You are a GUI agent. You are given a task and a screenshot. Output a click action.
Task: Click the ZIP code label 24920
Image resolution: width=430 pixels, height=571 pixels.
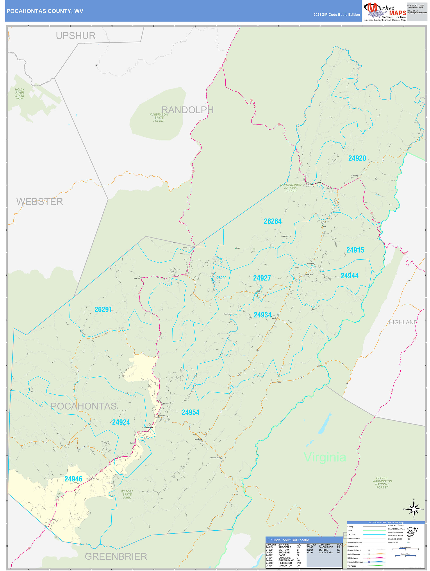(x=357, y=158)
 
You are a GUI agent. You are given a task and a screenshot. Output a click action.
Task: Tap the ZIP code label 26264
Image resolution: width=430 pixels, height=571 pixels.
(x=273, y=221)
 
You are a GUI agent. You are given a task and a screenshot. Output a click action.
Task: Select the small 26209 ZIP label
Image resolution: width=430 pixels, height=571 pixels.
(x=221, y=278)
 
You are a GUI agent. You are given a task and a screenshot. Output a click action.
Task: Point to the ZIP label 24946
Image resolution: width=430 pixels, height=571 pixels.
(x=73, y=479)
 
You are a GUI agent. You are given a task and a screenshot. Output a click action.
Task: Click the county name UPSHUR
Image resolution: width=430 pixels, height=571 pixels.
(x=75, y=36)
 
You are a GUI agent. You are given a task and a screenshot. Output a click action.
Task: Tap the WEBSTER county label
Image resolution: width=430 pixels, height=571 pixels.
(x=40, y=202)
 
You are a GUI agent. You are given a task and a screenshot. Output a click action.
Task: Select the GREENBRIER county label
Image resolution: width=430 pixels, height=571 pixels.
(x=116, y=556)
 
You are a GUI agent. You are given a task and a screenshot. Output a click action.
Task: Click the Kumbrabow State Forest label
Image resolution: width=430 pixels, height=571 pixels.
(x=159, y=117)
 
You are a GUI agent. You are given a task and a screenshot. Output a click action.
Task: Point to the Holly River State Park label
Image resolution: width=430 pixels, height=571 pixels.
(x=20, y=94)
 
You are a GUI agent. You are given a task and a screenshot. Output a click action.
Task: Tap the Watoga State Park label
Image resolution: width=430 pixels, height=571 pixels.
(x=127, y=495)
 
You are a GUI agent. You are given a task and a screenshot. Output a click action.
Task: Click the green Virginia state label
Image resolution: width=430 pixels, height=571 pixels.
(x=325, y=457)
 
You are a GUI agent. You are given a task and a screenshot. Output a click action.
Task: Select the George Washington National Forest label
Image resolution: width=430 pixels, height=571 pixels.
(x=382, y=483)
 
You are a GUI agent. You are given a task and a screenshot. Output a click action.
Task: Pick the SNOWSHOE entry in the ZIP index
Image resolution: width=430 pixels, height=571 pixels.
(x=326, y=547)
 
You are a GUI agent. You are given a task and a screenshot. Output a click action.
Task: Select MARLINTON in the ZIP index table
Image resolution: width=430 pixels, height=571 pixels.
(x=285, y=566)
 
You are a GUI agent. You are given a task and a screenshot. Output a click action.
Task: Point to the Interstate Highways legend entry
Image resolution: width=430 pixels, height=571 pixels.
(x=355, y=562)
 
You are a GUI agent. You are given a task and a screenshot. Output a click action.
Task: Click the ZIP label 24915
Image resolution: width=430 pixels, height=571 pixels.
(x=355, y=250)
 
